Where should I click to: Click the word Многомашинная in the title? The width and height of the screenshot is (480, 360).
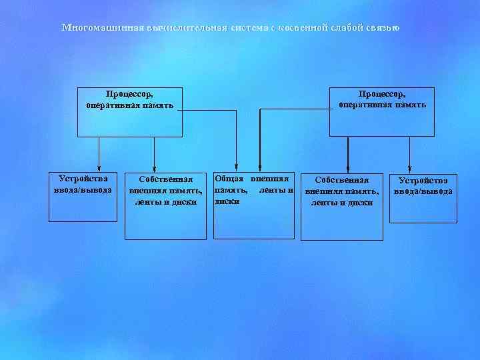click(x=94, y=27)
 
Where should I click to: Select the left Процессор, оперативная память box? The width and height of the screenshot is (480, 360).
click(x=130, y=111)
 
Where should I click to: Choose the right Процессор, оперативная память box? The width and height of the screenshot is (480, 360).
click(x=381, y=111)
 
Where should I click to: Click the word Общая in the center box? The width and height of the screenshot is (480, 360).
click(x=228, y=179)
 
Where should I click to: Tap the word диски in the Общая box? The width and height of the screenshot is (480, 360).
click(x=227, y=200)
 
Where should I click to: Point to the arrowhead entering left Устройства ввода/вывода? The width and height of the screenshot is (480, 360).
click(x=99, y=168)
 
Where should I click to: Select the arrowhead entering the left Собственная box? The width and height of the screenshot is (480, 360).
click(x=155, y=168)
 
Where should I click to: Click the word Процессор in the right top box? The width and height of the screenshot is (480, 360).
click(x=382, y=94)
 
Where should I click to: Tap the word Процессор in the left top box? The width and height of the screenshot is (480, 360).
click(x=130, y=94)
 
